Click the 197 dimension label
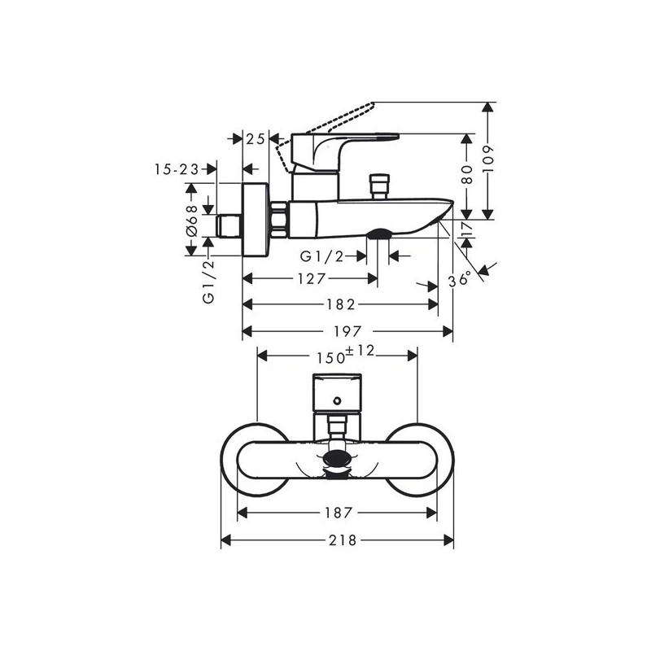(x=347, y=331)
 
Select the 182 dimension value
(x=340, y=304)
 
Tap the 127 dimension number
(x=312, y=278)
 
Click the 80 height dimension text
(x=467, y=174)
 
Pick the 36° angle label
(x=460, y=279)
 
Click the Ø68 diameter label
(x=192, y=220)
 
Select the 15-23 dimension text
(x=177, y=169)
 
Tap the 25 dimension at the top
(x=256, y=139)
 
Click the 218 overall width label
(x=343, y=540)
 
